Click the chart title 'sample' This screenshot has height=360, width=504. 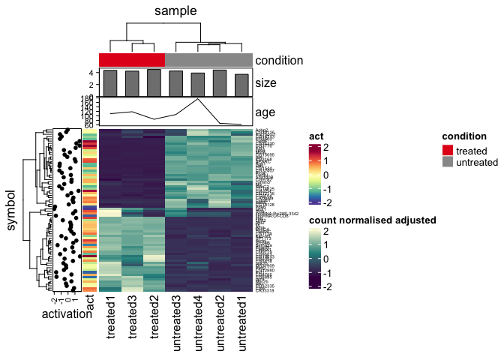pos(175,10)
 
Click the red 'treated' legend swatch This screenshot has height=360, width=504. pos(448,151)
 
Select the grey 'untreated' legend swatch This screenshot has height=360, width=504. pos(448,162)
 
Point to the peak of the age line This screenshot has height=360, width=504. pos(198,99)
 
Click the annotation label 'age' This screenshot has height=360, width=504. pos(265,112)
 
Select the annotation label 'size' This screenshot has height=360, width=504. pos(265,82)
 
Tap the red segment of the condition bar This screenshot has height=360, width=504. pos(132,60)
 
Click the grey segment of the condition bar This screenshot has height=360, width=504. pos(208,60)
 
